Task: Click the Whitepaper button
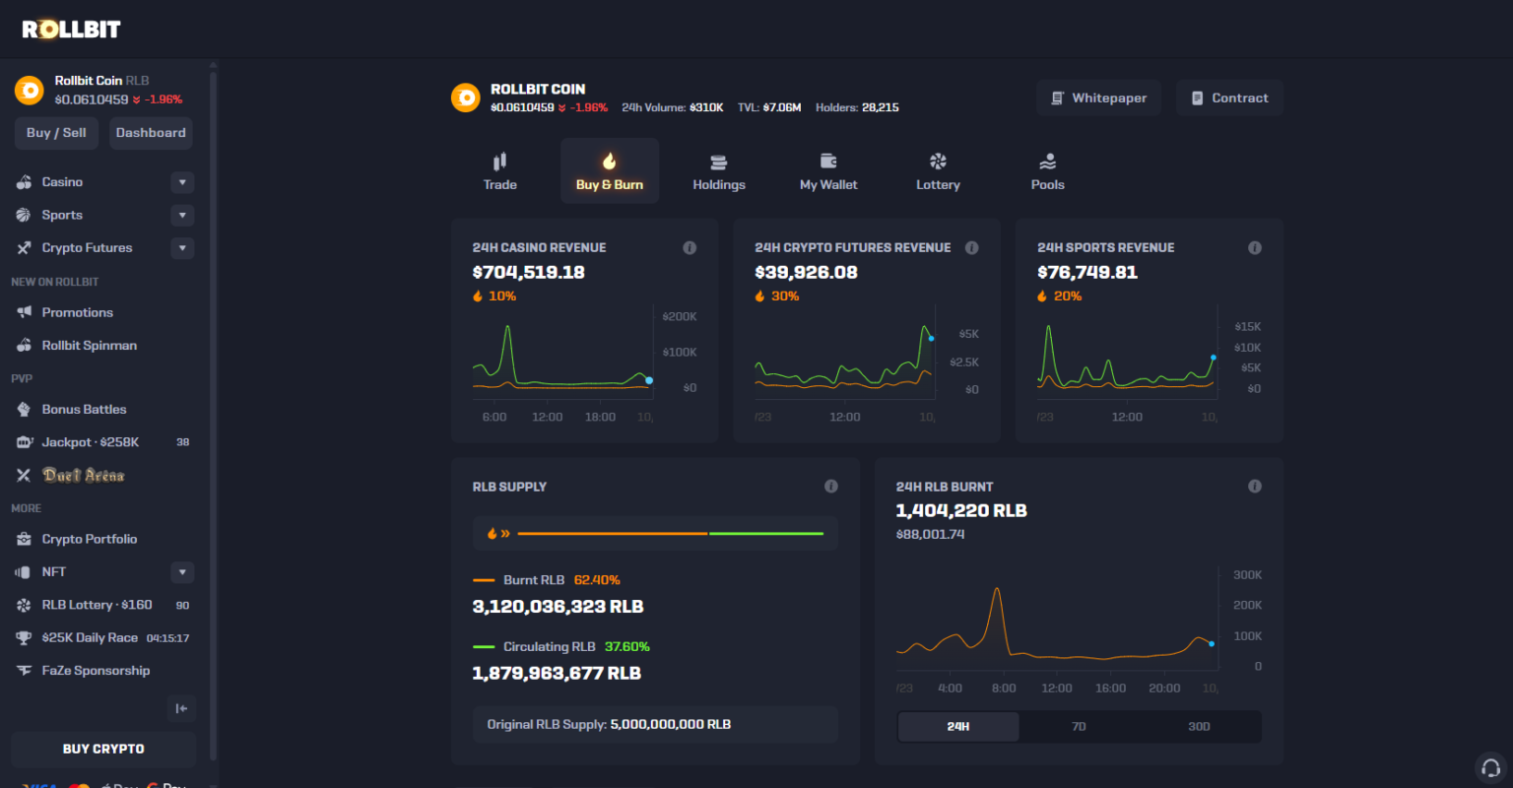click(x=1098, y=98)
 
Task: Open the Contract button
click(x=1229, y=98)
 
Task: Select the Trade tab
click(x=500, y=171)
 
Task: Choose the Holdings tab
click(x=719, y=171)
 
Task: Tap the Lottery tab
click(x=938, y=171)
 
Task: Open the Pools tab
click(x=1047, y=171)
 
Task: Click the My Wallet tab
click(x=828, y=171)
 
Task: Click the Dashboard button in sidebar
click(x=151, y=133)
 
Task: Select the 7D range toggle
click(x=1079, y=727)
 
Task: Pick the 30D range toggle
click(x=1199, y=727)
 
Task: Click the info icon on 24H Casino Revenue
click(x=690, y=248)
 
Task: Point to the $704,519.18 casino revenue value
click(x=529, y=273)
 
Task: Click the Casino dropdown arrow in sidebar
click(x=182, y=182)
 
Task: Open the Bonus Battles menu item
click(x=84, y=410)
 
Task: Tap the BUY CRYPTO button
click(x=103, y=749)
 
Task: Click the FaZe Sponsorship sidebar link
click(x=96, y=671)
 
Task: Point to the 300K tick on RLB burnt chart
click(x=1247, y=575)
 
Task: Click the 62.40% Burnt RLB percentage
click(x=597, y=580)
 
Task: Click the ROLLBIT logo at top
click(x=71, y=30)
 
